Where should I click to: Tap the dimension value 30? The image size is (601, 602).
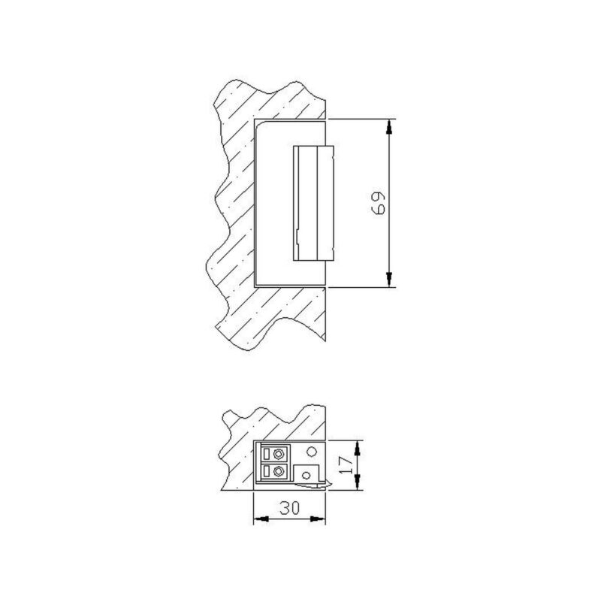click(x=290, y=509)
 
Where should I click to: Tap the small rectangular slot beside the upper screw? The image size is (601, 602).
click(x=266, y=454)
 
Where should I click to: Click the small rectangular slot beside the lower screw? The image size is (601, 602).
click(x=266, y=472)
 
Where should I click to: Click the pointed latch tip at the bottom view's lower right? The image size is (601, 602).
click(x=325, y=484)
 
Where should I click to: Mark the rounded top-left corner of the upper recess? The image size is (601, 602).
click(x=258, y=126)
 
